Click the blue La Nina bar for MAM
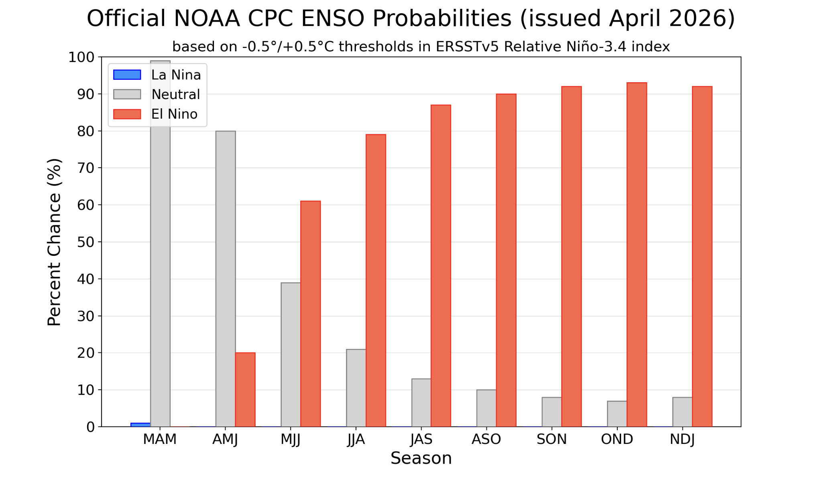click(x=140, y=425)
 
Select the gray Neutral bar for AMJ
click(x=226, y=279)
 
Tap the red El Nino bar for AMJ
click(x=245, y=389)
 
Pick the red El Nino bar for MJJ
click(x=311, y=314)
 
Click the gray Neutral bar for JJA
click(x=356, y=388)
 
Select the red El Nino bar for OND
click(x=637, y=255)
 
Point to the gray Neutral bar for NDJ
click(x=682, y=412)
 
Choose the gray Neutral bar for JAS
click(x=421, y=403)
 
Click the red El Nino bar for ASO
click(x=506, y=260)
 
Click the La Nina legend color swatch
click(x=127, y=75)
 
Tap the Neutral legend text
click(x=175, y=95)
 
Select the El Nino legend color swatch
click(x=127, y=114)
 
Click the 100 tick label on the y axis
click(x=81, y=57)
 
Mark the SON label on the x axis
click(x=551, y=440)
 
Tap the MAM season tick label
click(x=160, y=440)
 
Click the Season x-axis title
click(x=421, y=458)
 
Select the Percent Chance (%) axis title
click(x=54, y=242)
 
